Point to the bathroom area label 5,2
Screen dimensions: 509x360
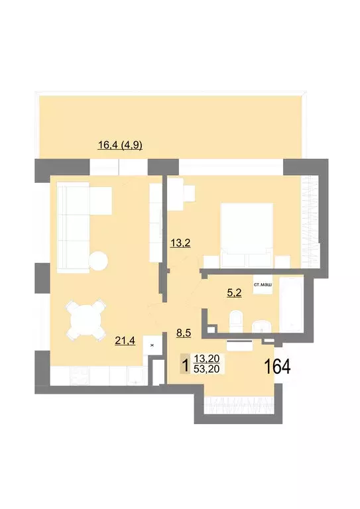click(234, 292)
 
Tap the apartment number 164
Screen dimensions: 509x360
click(278, 366)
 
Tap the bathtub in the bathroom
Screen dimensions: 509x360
click(290, 305)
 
